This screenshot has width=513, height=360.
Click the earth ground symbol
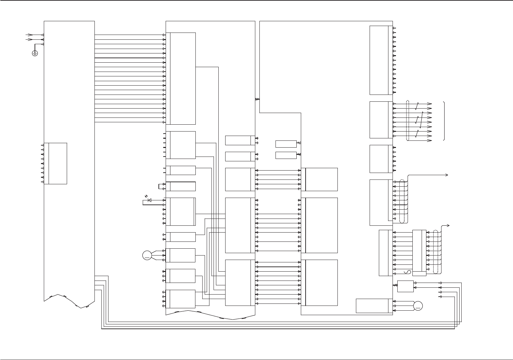coord(35,53)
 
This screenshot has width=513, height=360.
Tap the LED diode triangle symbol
coord(149,200)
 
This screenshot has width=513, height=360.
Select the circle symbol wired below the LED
coord(147,255)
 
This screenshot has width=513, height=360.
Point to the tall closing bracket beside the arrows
coord(444,121)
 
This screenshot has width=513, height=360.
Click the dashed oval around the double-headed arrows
coord(407,120)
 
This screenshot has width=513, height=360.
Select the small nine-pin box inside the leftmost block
coord(57,163)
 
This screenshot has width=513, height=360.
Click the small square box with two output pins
coord(405,286)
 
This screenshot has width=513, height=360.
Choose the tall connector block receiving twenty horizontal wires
coord(183,78)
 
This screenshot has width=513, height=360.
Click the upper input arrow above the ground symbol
coord(30,35)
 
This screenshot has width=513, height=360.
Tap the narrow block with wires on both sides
coord(419,253)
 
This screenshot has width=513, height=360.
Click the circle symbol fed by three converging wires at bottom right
coord(418,306)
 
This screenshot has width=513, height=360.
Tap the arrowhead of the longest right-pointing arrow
coord(447,175)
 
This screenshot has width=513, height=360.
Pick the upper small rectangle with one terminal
coord(286,144)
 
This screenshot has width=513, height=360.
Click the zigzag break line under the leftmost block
coord(68,300)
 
